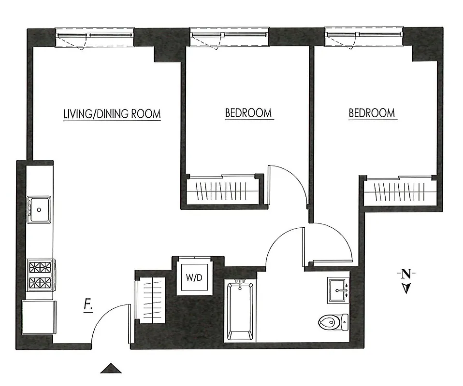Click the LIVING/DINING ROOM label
(x=112, y=114)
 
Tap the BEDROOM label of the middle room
(x=248, y=113)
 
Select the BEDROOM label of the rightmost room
(x=372, y=113)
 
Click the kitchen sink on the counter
(x=39, y=209)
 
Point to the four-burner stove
(x=41, y=274)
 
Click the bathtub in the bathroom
(x=240, y=311)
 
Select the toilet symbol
(x=333, y=321)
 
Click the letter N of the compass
(x=406, y=275)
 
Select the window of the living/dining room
(x=95, y=38)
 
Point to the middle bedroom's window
(x=230, y=38)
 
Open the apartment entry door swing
(x=110, y=323)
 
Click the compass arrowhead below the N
(x=406, y=289)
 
